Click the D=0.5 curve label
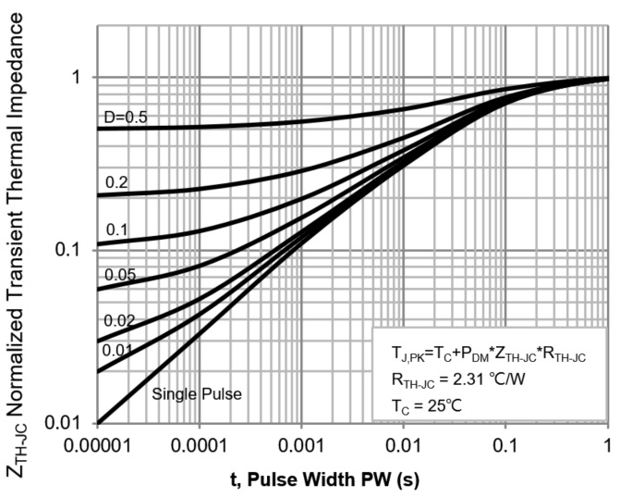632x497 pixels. coord(126,117)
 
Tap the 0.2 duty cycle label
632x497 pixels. coord(116,182)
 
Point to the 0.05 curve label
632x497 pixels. coord(120,274)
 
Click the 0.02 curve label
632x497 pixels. coord(120,320)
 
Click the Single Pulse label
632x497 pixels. coord(197,393)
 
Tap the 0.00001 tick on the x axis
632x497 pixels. coord(98,445)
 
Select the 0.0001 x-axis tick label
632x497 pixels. coord(201,445)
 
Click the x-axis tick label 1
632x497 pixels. coord(607,445)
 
